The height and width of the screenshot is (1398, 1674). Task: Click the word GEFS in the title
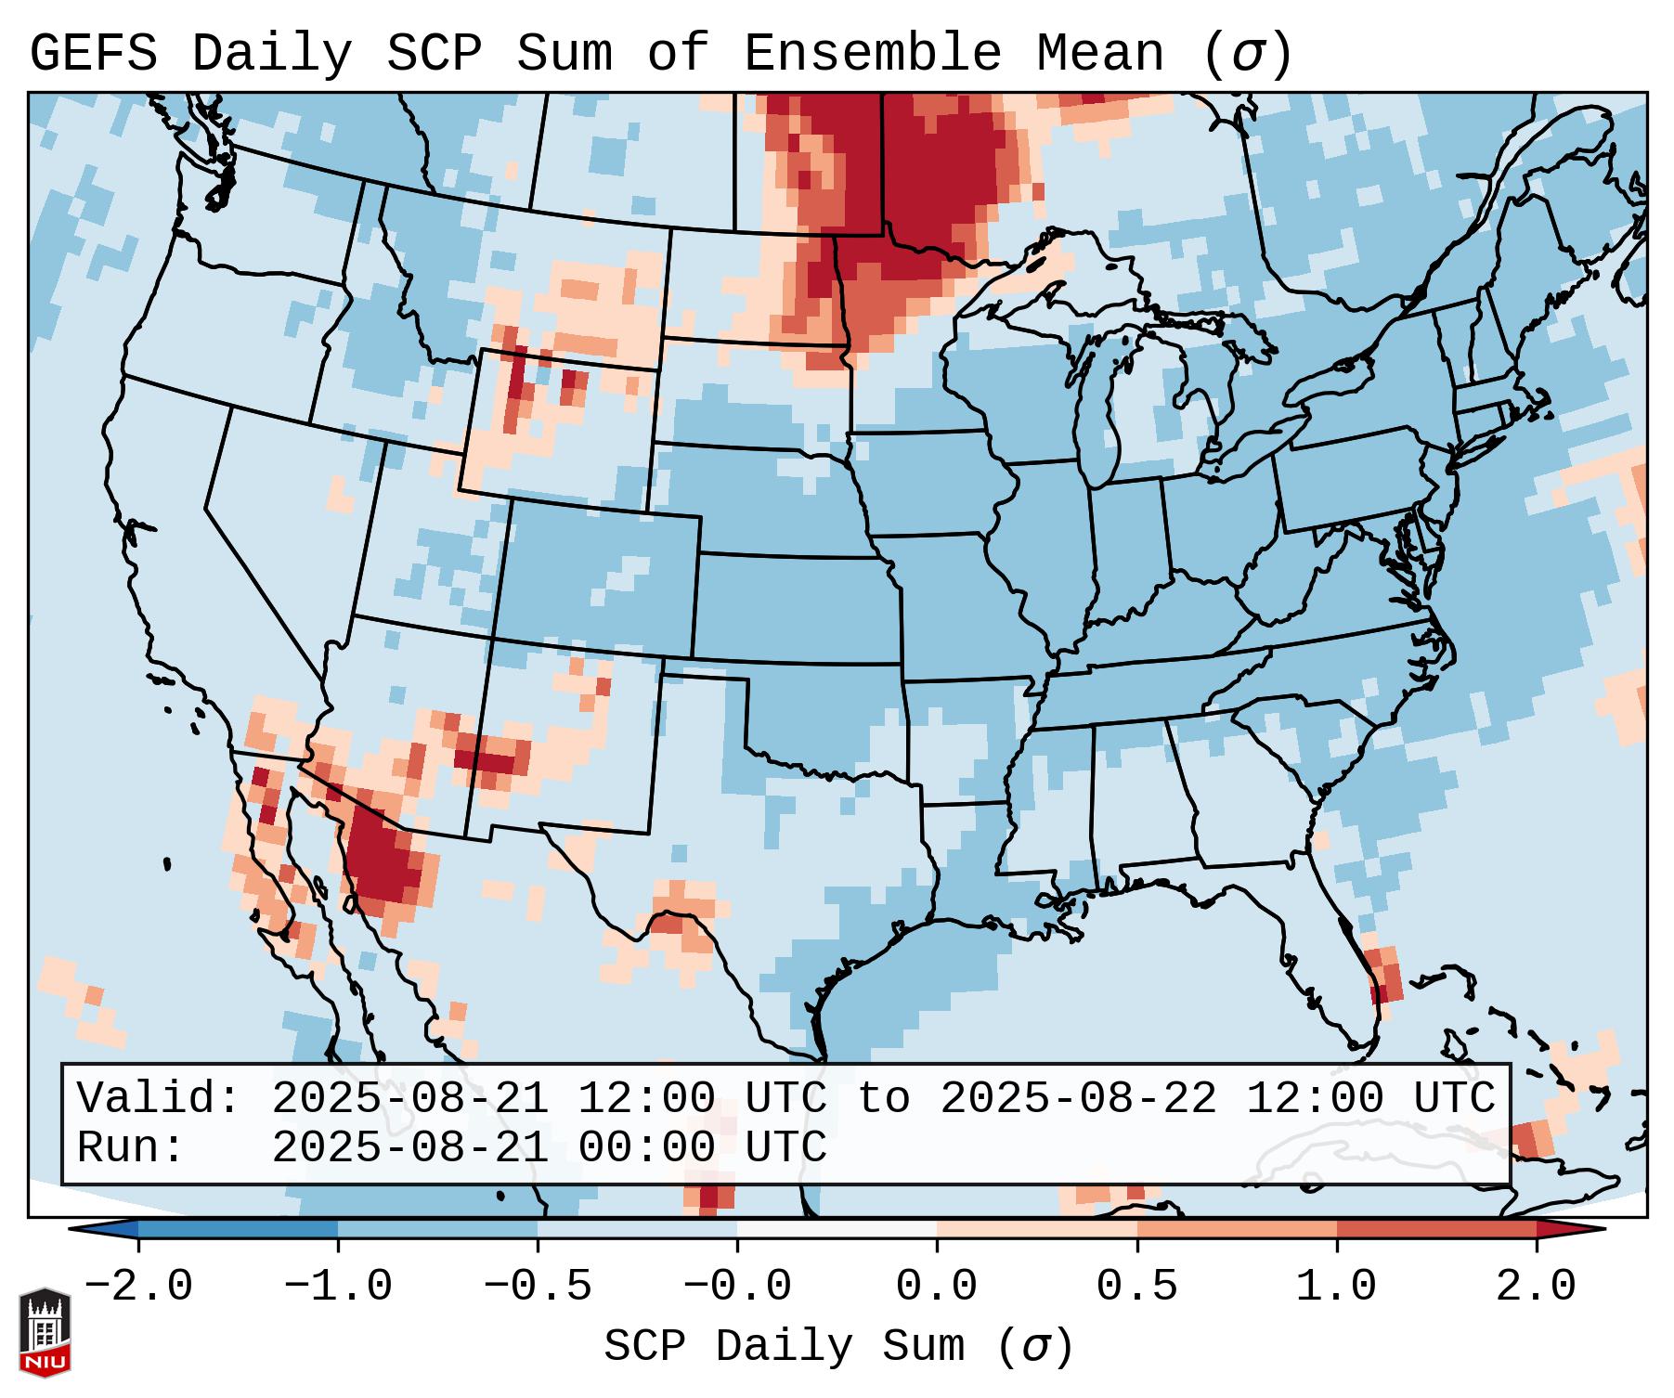pyautogui.click(x=93, y=53)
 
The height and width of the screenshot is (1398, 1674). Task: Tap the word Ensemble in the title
pyautogui.click(x=873, y=53)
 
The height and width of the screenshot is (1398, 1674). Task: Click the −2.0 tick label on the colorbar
pyautogui.click(x=138, y=1287)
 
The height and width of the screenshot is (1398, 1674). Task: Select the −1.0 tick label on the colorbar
pyautogui.click(x=338, y=1287)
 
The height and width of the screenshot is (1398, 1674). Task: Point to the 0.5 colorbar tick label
pyautogui.click(x=1136, y=1287)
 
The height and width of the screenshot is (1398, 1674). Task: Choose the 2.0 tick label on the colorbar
pyautogui.click(x=1537, y=1287)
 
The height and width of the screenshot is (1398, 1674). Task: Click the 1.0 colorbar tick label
pyautogui.click(x=1336, y=1287)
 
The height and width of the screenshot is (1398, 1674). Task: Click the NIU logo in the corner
pyautogui.click(x=45, y=1332)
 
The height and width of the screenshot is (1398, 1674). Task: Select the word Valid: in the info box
pyautogui.click(x=159, y=1098)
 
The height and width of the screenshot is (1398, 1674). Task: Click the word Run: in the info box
pyautogui.click(x=131, y=1147)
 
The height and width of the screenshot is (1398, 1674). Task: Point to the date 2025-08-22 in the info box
pyautogui.click(x=1078, y=1098)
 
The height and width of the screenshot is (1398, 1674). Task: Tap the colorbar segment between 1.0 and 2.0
pyautogui.click(x=1436, y=1229)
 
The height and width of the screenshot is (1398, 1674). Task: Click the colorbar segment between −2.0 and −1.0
pyautogui.click(x=238, y=1229)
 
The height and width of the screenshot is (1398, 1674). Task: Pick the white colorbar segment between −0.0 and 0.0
pyautogui.click(x=837, y=1229)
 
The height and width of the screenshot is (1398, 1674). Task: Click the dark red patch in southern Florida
pyautogui.click(x=1380, y=992)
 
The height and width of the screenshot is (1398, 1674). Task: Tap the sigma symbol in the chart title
pyautogui.click(x=1246, y=53)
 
